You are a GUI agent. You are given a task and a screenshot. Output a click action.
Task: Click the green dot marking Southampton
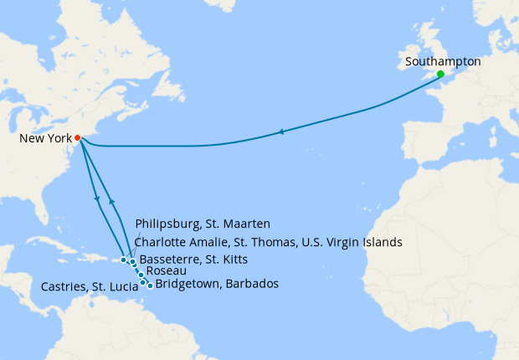(x=440, y=75)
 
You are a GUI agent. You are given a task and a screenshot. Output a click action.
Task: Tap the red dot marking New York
(x=77, y=137)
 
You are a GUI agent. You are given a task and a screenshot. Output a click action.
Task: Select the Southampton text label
(x=442, y=61)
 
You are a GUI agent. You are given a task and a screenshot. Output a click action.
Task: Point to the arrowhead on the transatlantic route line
(x=282, y=131)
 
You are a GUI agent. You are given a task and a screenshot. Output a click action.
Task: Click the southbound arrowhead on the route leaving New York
(x=99, y=199)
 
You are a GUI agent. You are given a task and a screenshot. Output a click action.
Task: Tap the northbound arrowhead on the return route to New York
(x=111, y=203)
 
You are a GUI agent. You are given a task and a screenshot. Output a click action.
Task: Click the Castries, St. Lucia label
(x=87, y=287)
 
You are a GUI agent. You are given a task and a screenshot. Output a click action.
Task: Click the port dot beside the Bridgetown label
(x=150, y=285)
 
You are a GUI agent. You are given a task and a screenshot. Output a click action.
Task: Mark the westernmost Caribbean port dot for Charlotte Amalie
(x=123, y=260)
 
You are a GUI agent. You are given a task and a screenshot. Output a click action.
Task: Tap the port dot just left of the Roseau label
(x=141, y=275)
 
